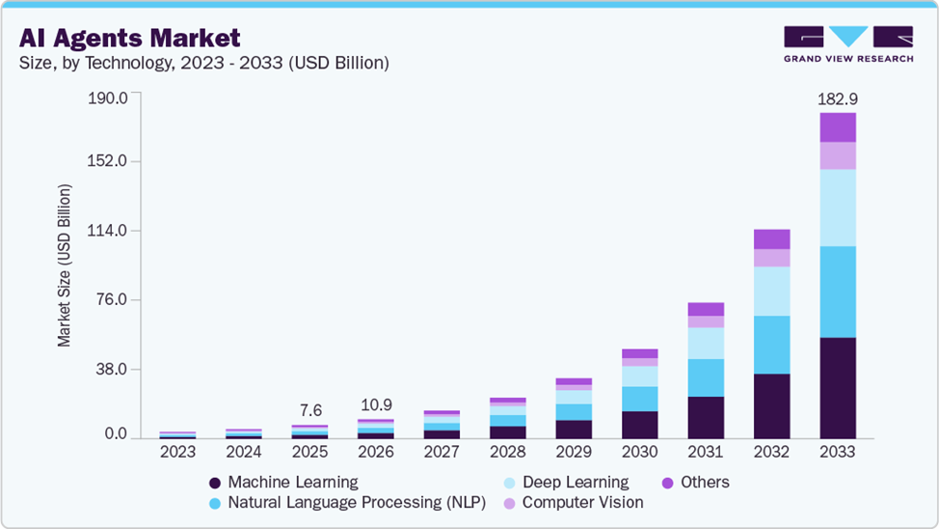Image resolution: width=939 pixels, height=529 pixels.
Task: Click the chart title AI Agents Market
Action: pos(129,38)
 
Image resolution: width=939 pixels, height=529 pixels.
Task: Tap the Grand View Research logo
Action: pos(848,43)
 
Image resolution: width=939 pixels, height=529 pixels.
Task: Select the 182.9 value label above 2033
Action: pos(838,99)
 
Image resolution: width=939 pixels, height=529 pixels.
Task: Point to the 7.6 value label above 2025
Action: pos(310,411)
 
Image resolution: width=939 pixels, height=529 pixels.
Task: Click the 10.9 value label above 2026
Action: pos(376,405)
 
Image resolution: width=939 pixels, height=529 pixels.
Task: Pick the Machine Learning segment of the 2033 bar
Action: pos(838,388)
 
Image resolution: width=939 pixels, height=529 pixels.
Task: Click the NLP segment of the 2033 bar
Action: pos(838,292)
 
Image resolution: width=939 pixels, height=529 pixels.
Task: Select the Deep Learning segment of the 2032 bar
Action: pos(772,292)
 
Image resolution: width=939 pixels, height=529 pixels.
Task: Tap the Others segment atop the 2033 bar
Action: pos(838,127)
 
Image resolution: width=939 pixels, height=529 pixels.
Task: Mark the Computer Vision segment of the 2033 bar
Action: pos(838,156)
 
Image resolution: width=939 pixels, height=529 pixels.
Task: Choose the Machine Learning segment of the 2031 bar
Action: pos(706,417)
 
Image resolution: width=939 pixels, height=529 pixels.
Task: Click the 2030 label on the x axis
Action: pos(639,452)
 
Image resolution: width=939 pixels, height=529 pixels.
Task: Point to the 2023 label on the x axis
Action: pos(177,452)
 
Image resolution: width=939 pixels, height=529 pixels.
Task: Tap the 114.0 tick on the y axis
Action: pos(107,231)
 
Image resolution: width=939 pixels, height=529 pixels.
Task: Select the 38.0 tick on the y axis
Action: pos(112,370)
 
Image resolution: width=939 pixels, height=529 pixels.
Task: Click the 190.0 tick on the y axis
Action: pos(108,97)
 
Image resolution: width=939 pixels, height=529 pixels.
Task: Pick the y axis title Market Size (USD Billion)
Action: pos(64,265)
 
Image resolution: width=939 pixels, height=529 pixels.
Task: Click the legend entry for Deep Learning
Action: pos(567,483)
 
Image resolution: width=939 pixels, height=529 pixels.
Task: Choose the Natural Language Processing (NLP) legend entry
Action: pos(347,503)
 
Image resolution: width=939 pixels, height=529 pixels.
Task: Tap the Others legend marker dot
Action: pos(668,483)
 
